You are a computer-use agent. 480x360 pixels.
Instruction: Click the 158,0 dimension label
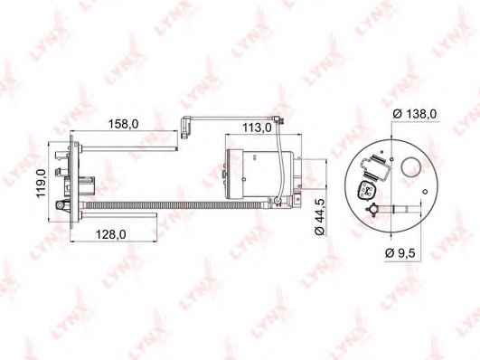123,124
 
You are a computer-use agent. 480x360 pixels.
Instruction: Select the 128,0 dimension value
111,234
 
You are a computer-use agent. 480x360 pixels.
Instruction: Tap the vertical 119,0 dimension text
41,183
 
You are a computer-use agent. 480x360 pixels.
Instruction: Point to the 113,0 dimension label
257,128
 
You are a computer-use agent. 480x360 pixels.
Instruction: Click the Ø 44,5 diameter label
320,217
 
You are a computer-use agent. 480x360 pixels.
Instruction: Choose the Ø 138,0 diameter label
415,114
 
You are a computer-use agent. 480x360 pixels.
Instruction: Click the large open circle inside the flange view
411,166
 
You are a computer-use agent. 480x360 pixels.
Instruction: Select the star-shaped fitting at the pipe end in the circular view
372,210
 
